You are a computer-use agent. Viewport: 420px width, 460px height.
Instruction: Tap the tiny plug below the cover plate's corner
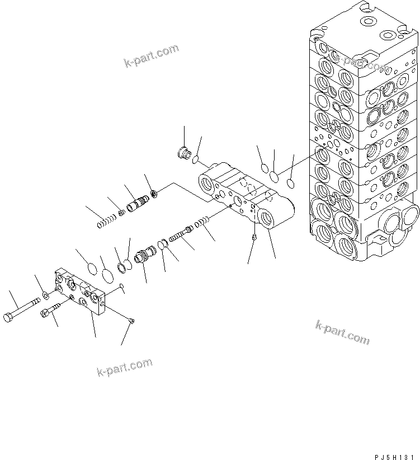click(x=131, y=321)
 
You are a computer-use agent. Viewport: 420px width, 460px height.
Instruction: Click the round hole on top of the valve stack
click(x=369, y=22)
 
